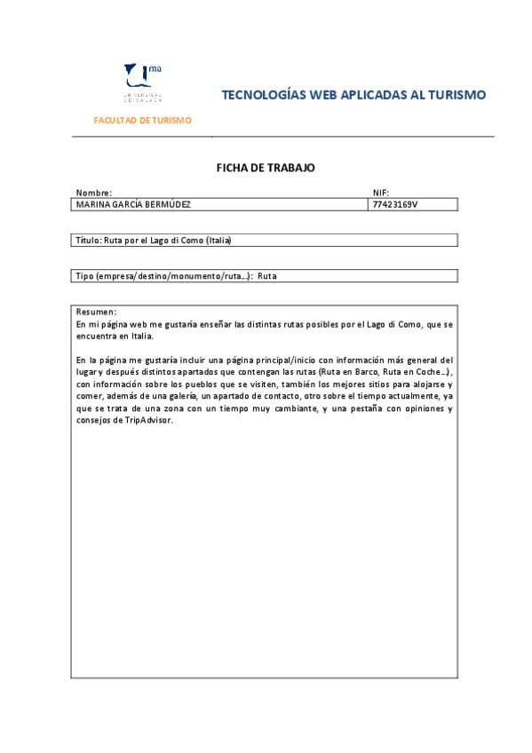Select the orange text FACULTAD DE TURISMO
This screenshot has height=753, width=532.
pyautogui.click(x=142, y=120)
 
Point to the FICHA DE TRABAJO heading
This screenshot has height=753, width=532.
pyautogui.click(x=266, y=167)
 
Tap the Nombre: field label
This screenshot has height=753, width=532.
pyautogui.click(x=93, y=193)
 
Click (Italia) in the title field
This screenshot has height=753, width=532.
pyautogui.click(x=218, y=240)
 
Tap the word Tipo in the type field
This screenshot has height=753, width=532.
pyautogui.click(x=83, y=276)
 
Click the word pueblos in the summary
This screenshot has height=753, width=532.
pyautogui.click(x=190, y=384)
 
